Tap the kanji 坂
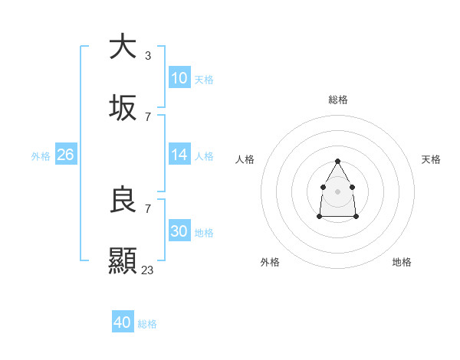click(123, 109)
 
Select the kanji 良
click(123, 200)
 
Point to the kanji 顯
click(123, 260)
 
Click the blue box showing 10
click(179, 78)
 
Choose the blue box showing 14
click(179, 155)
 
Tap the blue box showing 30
click(179, 231)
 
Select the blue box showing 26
click(65, 155)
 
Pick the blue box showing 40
click(123, 322)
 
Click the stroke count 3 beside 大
click(147, 55)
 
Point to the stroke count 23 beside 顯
click(148, 270)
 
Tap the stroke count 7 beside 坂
click(147, 117)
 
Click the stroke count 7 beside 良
click(147, 208)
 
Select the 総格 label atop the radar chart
click(338, 100)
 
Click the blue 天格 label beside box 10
click(204, 80)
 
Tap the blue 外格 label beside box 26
click(41, 156)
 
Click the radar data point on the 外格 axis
click(319, 217)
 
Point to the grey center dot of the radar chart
click(337, 190)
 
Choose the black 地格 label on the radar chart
click(402, 262)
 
